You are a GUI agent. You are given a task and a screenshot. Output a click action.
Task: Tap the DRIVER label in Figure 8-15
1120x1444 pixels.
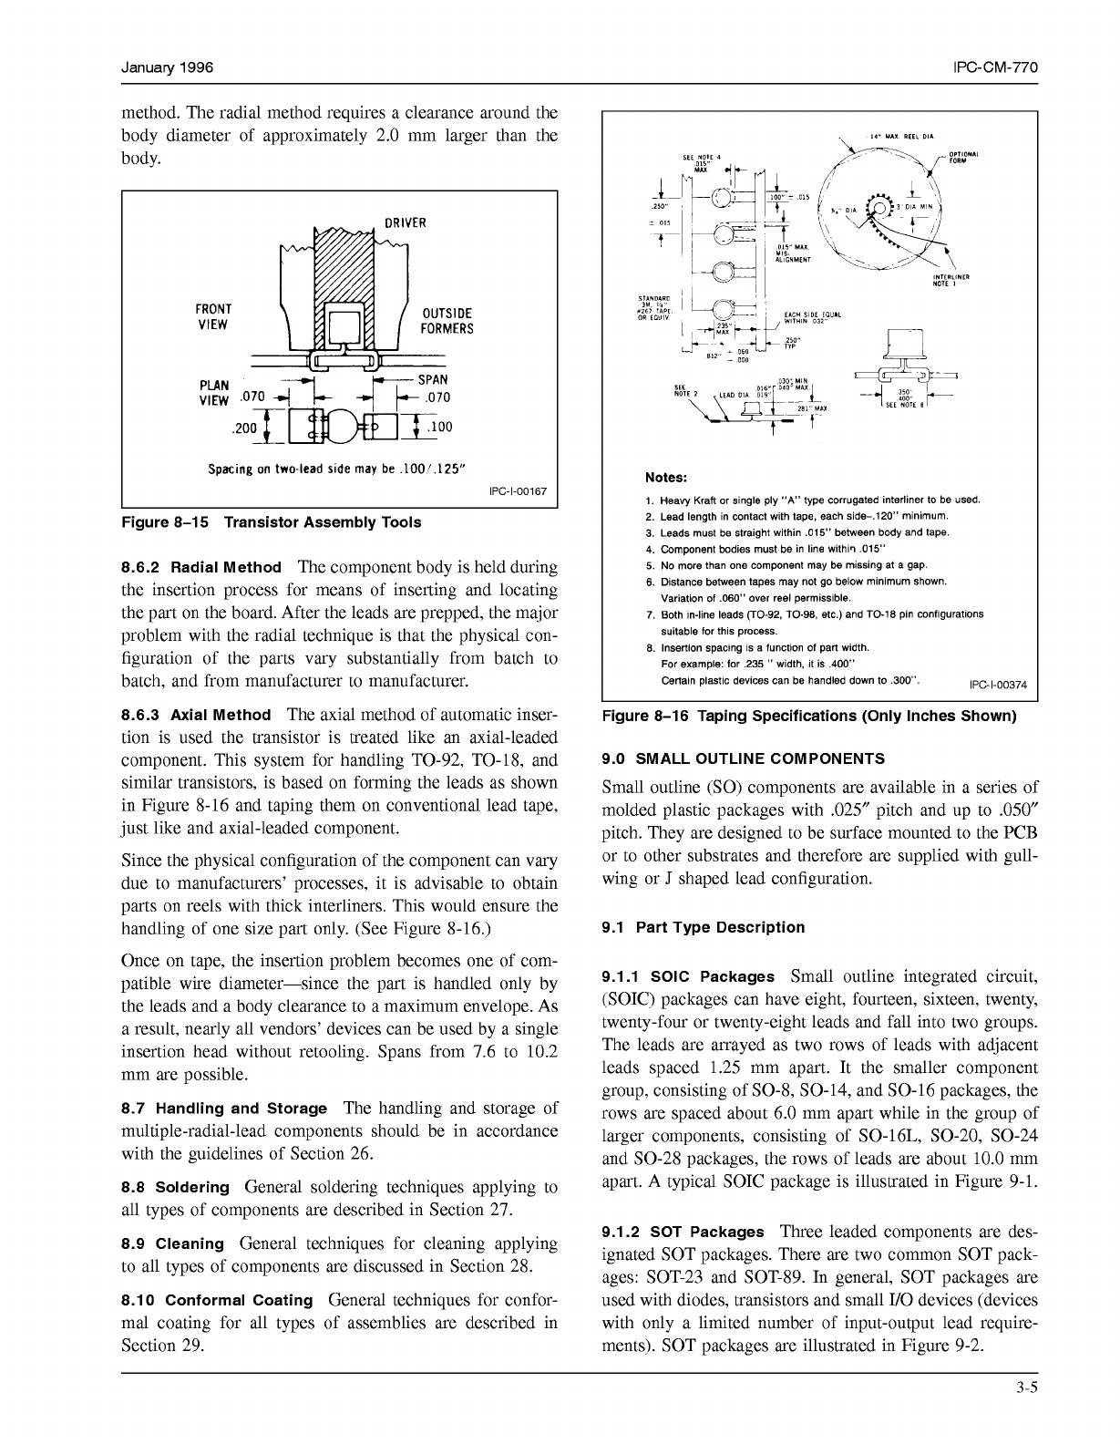point(405,222)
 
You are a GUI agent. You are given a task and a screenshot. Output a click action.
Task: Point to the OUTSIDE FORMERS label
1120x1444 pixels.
point(447,321)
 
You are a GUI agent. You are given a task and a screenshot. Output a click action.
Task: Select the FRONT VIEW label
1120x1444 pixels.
point(213,316)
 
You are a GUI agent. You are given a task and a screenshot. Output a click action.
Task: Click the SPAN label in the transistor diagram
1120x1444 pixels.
point(433,379)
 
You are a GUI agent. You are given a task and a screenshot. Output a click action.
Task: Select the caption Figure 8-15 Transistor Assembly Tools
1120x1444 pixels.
point(272,522)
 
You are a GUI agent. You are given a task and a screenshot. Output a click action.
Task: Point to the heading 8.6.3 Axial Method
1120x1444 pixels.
point(196,716)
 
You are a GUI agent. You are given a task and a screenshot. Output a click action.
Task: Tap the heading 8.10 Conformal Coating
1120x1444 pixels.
point(217,1301)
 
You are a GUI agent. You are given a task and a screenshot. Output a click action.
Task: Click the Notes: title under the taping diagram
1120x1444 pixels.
point(666,478)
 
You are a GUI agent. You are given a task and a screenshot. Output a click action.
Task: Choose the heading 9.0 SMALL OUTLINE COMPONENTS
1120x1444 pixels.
point(744,758)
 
